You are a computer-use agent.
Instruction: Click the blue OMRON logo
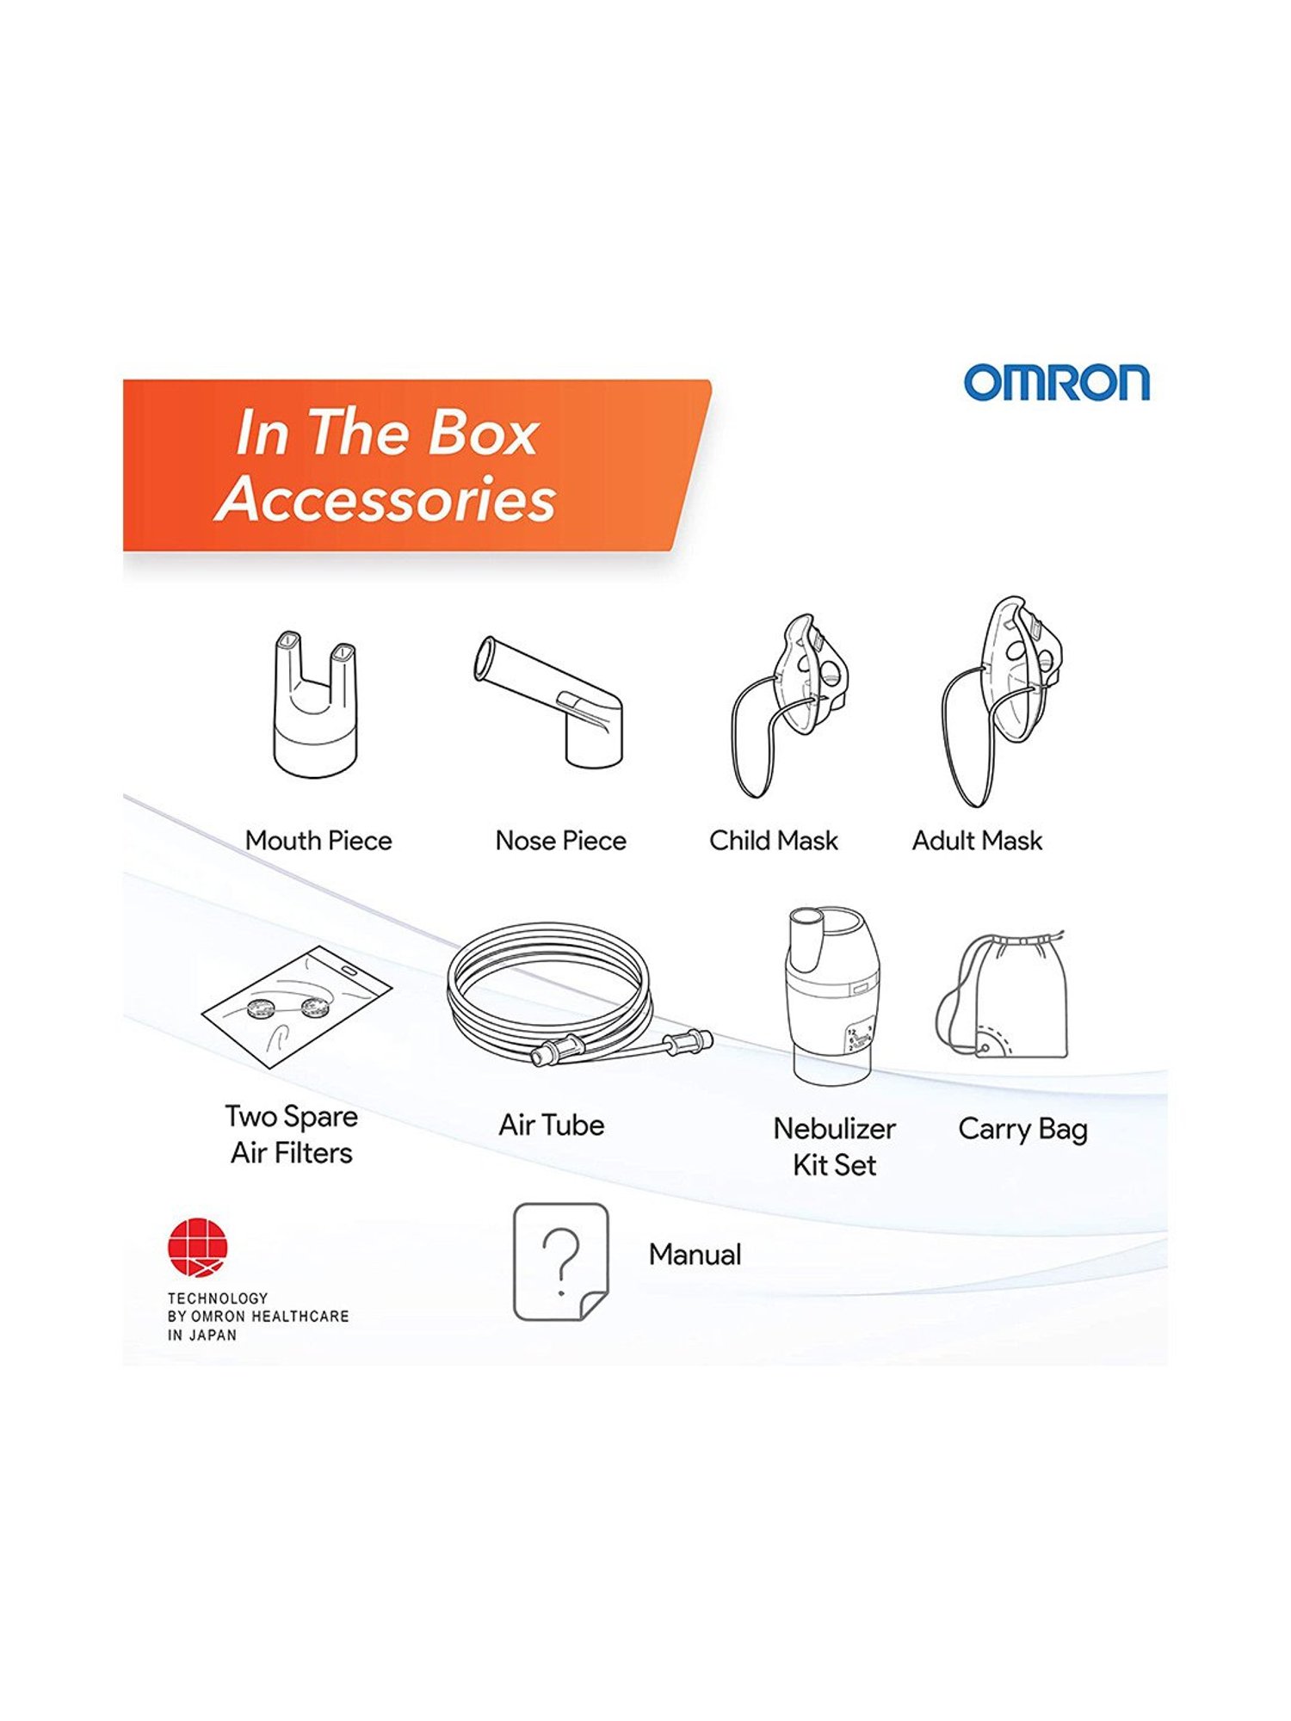point(1056,382)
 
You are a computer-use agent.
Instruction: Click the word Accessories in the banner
point(386,498)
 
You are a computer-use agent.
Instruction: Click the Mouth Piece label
point(318,840)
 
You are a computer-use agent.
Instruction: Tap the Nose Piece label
point(560,840)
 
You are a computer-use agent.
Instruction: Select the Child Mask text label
point(773,840)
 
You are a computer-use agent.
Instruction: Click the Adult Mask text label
point(977,840)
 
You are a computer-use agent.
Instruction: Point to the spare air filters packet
point(297,1007)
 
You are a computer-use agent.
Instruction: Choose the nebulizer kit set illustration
point(831,994)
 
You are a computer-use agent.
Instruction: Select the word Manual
point(695,1255)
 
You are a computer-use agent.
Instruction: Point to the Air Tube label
point(552,1125)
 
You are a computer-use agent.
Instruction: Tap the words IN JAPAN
point(201,1335)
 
